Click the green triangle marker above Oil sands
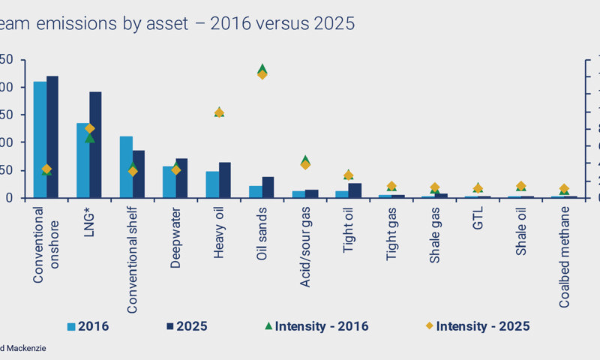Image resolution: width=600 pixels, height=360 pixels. (x=262, y=67)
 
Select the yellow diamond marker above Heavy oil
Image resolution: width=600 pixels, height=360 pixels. (x=219, y=112)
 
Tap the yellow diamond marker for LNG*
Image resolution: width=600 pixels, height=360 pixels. (x=89, y=128)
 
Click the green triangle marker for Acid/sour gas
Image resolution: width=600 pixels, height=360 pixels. (x=305, y=160)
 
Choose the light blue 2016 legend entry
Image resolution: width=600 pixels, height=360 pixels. (x=88, y=326)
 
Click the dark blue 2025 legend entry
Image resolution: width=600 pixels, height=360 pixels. (x=187, y=326)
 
